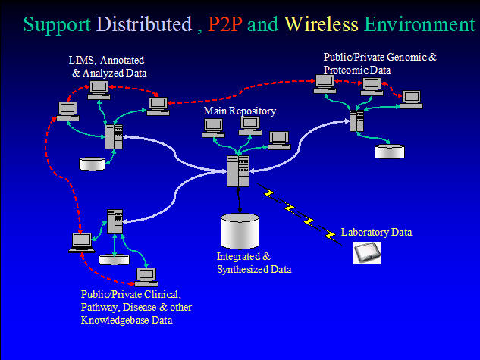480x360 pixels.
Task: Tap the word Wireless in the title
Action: point(321,24)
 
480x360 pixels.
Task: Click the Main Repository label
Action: point(240,111)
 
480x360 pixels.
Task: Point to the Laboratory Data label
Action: point(376,232)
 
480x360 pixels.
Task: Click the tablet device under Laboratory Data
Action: point(367,252)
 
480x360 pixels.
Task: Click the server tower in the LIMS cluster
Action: point(114,137)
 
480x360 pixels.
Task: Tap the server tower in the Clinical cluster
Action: point(115,221)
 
